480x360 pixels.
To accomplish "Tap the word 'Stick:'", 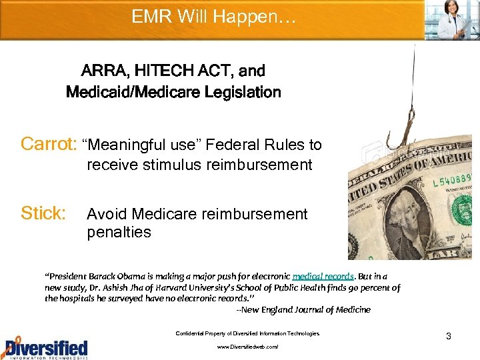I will (x=44, y=213).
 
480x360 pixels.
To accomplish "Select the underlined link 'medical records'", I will (x=323, y=276).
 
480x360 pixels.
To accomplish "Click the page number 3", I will (x=449, y=336).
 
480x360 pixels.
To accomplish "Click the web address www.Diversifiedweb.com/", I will (x=247, y=347).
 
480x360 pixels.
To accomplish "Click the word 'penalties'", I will (x=119, y=233).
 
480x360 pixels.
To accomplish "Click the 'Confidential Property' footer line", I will (x=247, y=333).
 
